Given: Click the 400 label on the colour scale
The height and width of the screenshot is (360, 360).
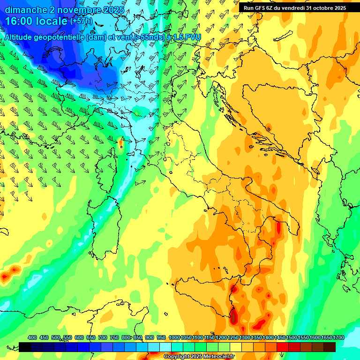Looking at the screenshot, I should (32, 337).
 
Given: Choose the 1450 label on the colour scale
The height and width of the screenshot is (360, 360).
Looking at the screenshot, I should (279, 337).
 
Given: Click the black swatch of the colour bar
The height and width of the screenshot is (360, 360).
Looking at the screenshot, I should (25, 347).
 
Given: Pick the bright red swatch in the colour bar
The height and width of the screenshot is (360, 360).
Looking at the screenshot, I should (283, 347).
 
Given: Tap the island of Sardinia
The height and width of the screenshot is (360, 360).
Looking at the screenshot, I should (104, 225).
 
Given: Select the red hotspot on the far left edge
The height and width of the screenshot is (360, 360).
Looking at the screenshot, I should (5, 277).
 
